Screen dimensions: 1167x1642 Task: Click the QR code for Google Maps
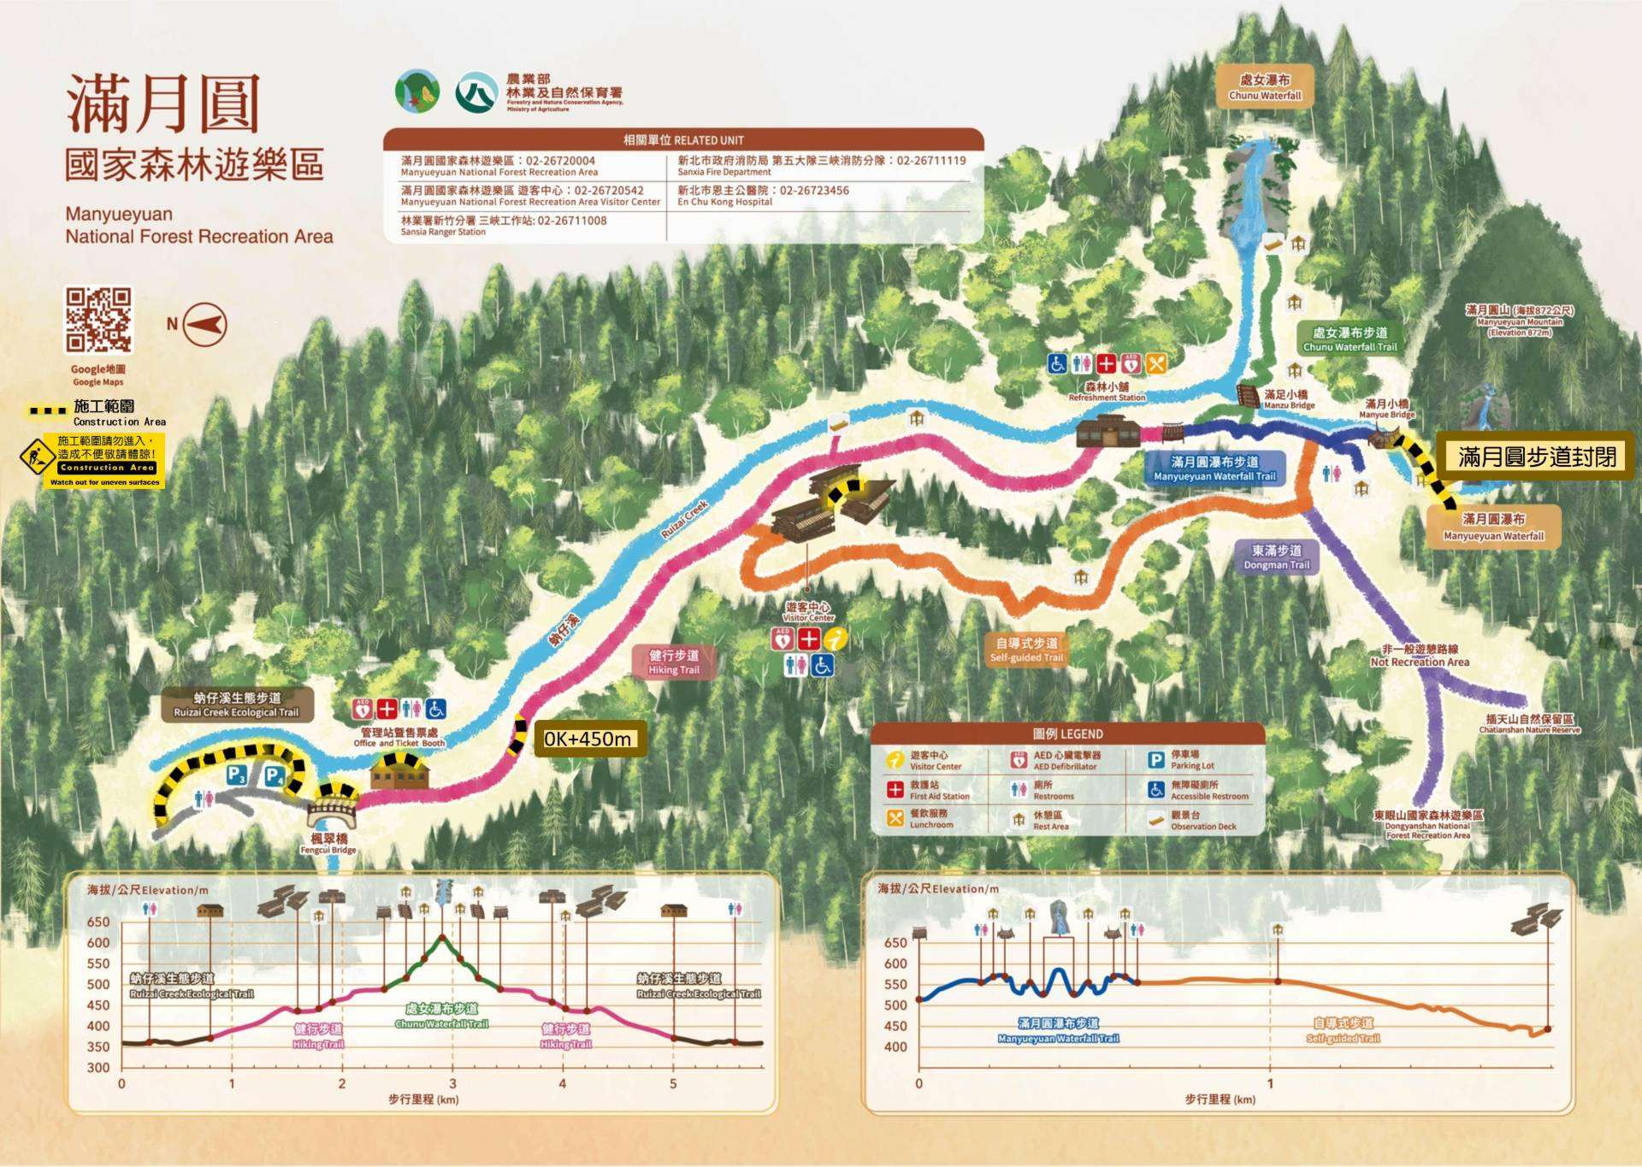pos(99,320)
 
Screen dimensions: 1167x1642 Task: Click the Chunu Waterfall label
pos(1265,86)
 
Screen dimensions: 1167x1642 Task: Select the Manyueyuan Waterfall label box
pos(1493,527)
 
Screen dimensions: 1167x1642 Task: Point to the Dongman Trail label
pos(1276,557)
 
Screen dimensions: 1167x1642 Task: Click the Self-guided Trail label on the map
pos(1026,650)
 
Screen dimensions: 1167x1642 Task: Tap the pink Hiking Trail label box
pos(674,662)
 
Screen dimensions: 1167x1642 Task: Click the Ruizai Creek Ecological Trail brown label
pos(237,704)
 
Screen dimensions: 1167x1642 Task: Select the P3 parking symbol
pos(237,775)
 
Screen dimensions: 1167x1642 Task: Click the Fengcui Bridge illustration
pos(333,808)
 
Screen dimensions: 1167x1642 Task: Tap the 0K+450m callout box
pos(589,739)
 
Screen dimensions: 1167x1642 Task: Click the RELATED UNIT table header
pos(683,139)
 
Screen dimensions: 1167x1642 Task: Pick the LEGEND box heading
pos(1067,734)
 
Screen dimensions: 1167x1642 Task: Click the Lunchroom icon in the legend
pos(895,818)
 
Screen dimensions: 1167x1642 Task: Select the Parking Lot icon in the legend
pos(1156,759)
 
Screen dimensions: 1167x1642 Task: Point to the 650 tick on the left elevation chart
pos(98,922)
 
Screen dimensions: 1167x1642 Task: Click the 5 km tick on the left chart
pos(673,1083)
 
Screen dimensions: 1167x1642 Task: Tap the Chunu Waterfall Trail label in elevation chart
pos(441,1016)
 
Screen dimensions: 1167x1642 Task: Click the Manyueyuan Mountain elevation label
pos(1520,321)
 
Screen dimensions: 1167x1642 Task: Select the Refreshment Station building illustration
pos(1107,432)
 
